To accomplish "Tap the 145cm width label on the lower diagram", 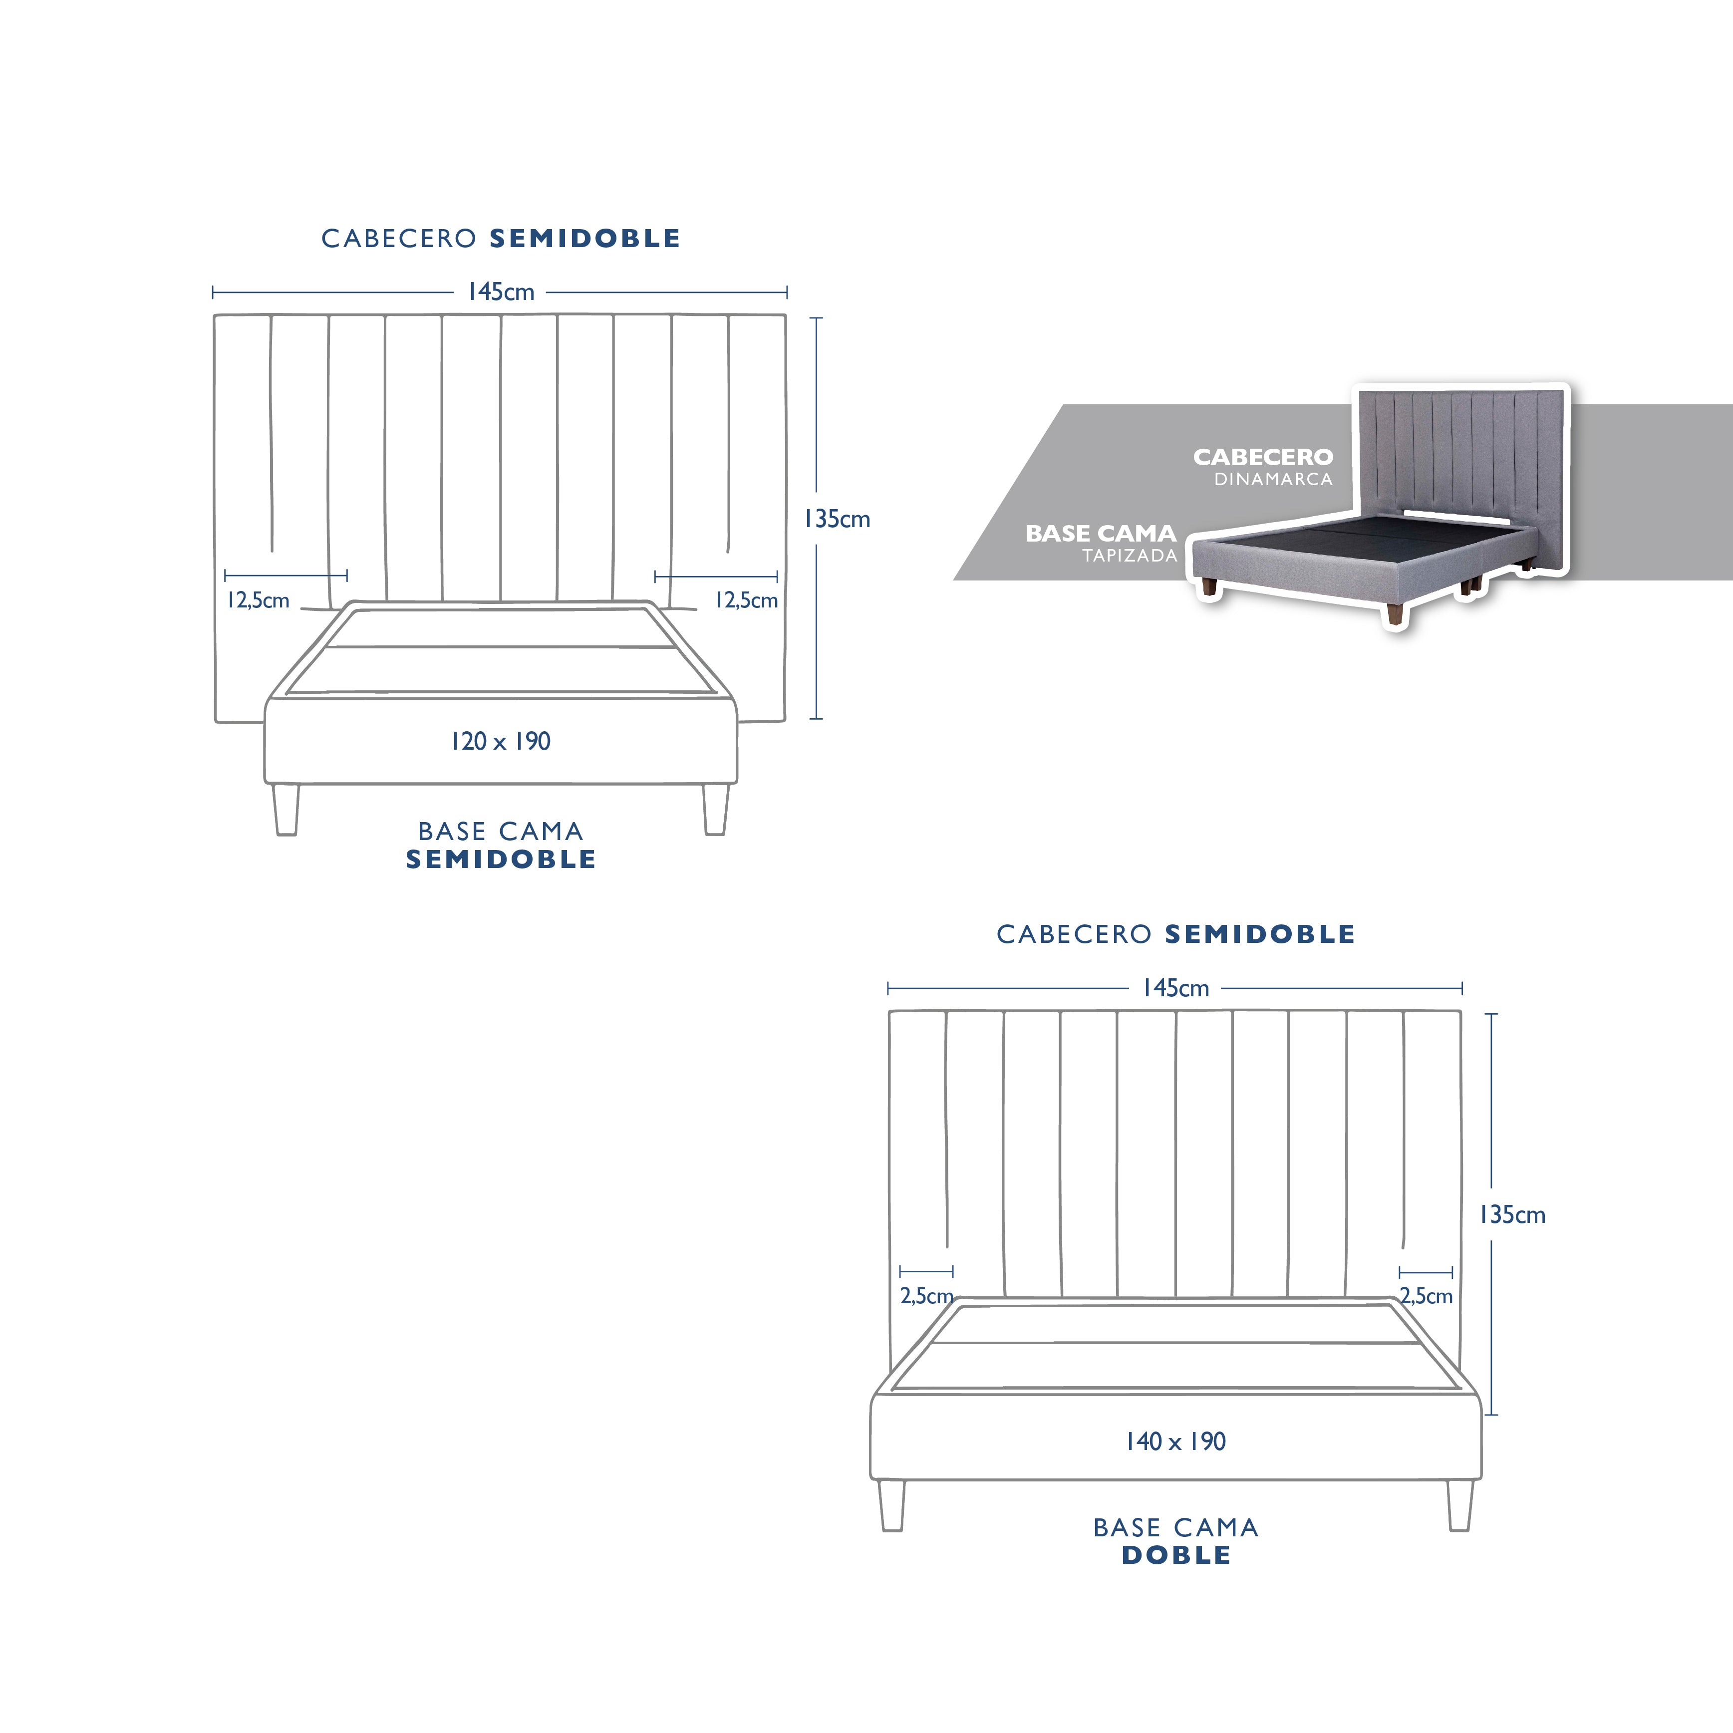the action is [x=1175, y=988].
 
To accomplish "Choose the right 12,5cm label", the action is [x=746, y=600].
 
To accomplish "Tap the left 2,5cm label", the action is [x=926, y=1296].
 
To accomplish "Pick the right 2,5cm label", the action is [x=1426, y=1296].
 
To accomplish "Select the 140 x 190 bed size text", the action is [x=1175, y=1442].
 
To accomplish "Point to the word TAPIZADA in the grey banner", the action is [x=1130, y=555].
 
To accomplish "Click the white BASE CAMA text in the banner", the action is [x=1101, y=534].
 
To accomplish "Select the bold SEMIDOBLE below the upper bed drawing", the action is [x=501, y=860].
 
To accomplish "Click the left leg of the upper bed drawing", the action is [x=286, y=810].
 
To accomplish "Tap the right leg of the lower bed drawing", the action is [x=1459, y=1505].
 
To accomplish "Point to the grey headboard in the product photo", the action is [x=1460, y=466].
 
